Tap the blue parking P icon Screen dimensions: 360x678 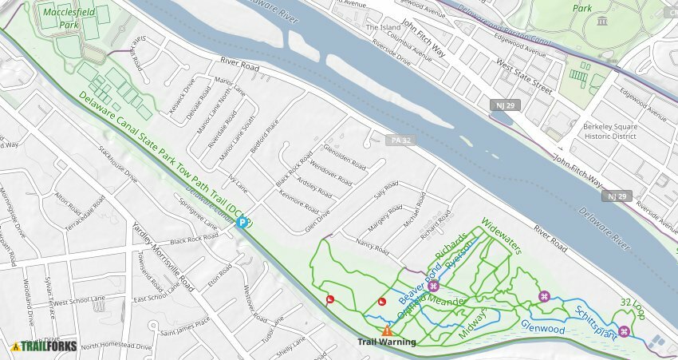coord(241,223)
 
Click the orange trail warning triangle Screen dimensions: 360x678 coord(387,330)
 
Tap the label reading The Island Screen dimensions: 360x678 coord(383,27)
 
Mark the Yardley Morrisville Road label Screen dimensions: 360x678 coord(164,256)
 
